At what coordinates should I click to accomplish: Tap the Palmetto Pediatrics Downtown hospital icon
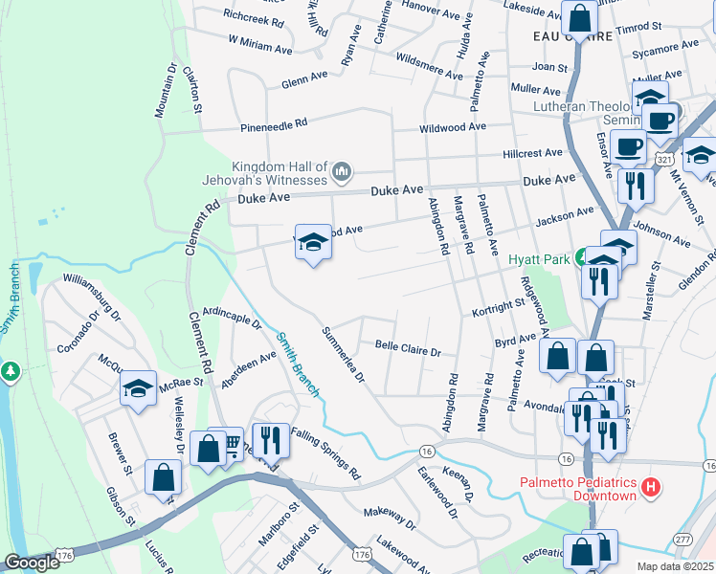652,488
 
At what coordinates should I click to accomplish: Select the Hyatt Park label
539,259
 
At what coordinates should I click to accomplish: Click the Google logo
31,563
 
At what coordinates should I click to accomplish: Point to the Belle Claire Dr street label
407,348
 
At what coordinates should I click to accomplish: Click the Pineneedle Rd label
274,124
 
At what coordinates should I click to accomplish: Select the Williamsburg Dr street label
92,296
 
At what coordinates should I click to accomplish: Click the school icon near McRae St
138,388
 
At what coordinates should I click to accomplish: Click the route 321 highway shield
664,156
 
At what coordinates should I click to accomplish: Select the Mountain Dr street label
161,91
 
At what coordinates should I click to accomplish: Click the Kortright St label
501,307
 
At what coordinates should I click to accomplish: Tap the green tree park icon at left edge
11,370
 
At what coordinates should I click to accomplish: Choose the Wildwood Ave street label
453,127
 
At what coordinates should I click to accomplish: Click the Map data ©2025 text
674,565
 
